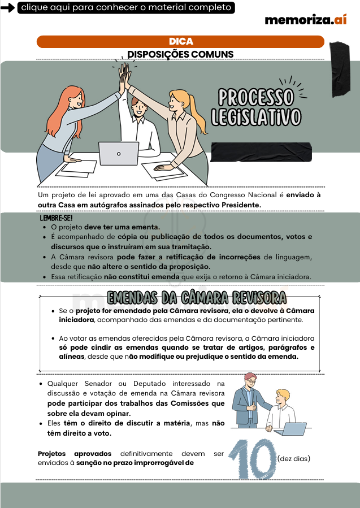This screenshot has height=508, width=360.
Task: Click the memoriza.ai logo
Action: [305, 20]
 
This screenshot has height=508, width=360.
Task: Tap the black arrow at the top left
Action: [8, 8]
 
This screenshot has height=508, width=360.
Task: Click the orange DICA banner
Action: [180, 42]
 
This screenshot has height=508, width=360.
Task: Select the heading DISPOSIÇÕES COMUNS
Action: [180, 54]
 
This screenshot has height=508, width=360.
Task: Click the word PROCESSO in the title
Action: [256, 97]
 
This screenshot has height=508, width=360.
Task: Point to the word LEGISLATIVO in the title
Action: [256, 117]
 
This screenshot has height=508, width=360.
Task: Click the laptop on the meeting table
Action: [119, 153]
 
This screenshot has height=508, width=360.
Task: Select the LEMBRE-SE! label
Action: [56, 218]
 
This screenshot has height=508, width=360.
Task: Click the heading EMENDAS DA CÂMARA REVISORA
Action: [197, 297]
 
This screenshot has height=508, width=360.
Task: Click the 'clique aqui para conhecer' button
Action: [126, 7]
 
